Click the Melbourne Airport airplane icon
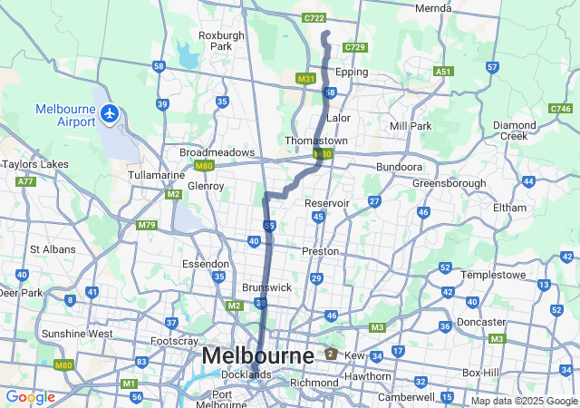pos(111,113)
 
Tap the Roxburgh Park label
pos(221,41)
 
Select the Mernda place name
pos(432,8)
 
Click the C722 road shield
pos(314,17)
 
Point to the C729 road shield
pos(355,47)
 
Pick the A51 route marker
pos(443,71)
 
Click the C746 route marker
pos(560,109)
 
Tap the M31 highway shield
pos(305,79)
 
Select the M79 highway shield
pos(146,224)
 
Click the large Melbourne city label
pos(257,355)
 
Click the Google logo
pos(30,397)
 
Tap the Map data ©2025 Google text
pos(523,401)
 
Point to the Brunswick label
pos(266,287)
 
